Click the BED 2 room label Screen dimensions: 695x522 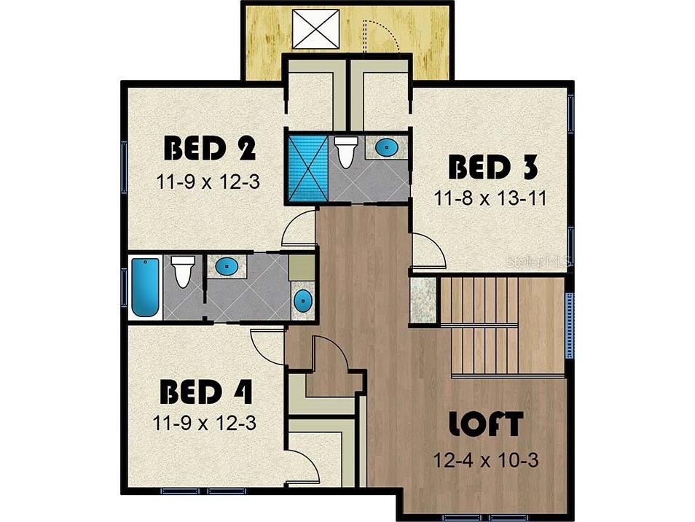pos(210,149)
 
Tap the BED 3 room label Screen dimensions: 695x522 pos(493,167)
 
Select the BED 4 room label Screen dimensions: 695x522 pos(206,391)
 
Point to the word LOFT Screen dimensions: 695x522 pos(486,424)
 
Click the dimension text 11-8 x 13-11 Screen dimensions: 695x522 pos(490,198)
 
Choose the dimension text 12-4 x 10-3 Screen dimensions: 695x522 pos(486,460)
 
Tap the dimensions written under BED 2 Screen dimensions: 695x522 pos(208,182)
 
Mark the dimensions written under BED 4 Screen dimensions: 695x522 pos(204,423)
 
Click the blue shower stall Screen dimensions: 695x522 pos(307,168)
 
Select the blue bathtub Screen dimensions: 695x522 pos(145,288)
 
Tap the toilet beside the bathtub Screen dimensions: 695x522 pos(183,271)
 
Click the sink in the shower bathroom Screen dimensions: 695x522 pos(387,147)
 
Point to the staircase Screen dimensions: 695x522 pos(484,327)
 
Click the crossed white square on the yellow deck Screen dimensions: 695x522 pos(315,29)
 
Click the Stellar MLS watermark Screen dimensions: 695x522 pos(538,260)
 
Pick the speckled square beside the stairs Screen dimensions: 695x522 pos(423,300)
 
